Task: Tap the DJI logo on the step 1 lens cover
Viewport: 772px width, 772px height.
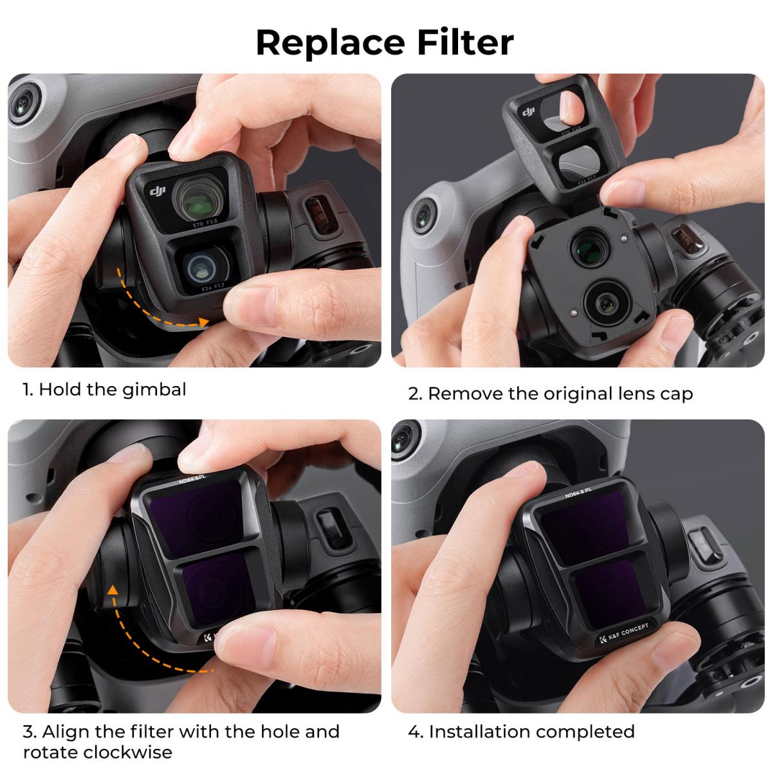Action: (x=158, y=191)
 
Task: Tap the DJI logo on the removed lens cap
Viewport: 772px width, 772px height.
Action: (x=529, y=113)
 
